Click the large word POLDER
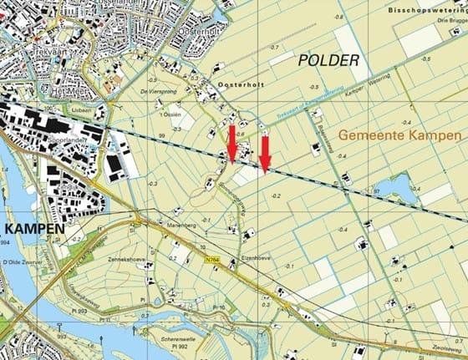[328, 60]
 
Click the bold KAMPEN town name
[32, 227]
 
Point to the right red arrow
[264, 153]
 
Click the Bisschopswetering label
[425, 8]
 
